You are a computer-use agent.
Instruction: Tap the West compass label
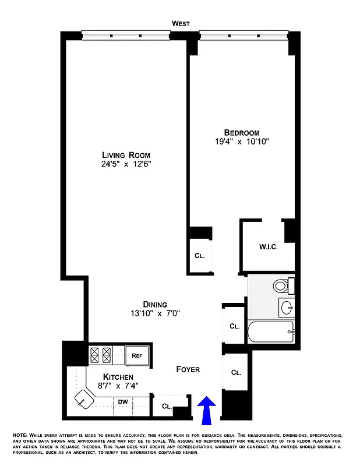pos(181,23)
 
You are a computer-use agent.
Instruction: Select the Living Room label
pos(126,155)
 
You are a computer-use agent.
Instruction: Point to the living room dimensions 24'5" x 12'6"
pos(126,164)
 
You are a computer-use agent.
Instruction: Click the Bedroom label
pos(242,132)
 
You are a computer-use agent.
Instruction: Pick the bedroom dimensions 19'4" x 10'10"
pos(242,142)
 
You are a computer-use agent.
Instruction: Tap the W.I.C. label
pos(268,247)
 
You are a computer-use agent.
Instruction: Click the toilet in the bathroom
pos(281,285)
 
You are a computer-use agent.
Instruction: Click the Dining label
pos(155,304)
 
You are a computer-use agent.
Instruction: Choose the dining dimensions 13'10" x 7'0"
pos(155,313)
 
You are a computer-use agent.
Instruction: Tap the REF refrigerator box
pos(137,355)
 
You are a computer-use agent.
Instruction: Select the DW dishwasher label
pos(123,401)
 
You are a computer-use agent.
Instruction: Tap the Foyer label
pos(188,369)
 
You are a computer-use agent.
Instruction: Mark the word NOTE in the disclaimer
pos(20,436)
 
